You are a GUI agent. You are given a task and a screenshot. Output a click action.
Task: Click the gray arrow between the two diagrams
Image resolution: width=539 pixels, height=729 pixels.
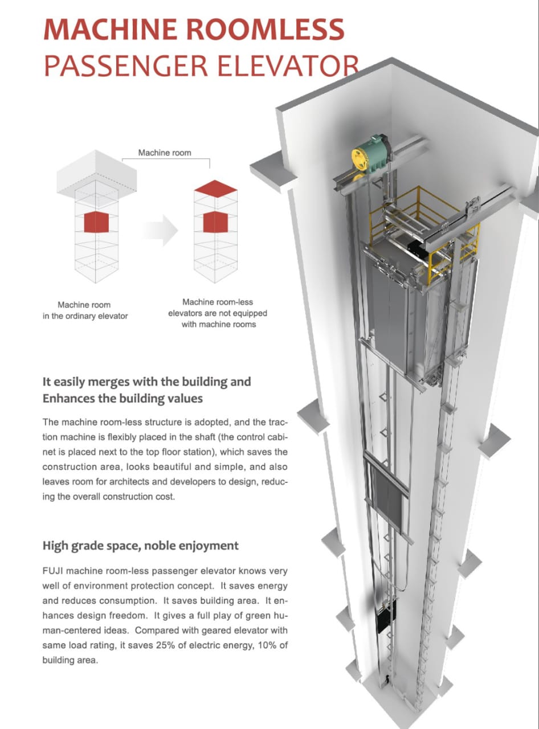point(162,230)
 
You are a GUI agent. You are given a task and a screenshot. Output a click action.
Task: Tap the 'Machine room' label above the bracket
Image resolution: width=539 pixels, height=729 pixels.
point(165,153)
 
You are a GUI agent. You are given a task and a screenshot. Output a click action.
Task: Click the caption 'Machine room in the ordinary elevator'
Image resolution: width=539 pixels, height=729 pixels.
point(85,310)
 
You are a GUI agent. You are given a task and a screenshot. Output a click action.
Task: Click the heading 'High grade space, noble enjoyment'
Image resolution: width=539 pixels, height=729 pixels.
point(140,546)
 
